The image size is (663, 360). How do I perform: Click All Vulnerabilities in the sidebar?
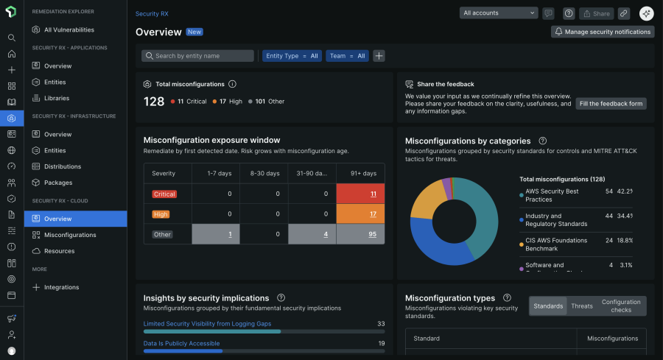point(69,29)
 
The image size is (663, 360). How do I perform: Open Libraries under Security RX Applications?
point(57,98)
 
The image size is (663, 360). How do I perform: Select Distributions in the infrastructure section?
point(62,166)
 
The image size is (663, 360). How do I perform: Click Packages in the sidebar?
point(58,183)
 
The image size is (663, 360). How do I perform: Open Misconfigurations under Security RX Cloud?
point(70,235)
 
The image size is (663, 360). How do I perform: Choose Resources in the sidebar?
point(59,251)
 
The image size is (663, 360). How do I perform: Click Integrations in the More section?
point(61,287)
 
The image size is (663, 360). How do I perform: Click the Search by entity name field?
point(198,56)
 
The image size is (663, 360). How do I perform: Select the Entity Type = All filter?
point(292,56)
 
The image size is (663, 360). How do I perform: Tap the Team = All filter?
point(347,56)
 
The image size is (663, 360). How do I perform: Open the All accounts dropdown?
point(499,13)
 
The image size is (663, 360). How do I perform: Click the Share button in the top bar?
point(596,13)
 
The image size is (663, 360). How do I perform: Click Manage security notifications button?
point(603,32)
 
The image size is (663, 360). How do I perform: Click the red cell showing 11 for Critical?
point(360,194)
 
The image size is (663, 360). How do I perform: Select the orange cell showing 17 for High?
point(360,214)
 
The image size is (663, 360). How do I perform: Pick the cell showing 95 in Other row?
point(360,235)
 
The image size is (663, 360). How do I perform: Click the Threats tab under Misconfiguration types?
point(581,306)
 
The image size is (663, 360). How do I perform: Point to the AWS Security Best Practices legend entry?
point(552,195)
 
